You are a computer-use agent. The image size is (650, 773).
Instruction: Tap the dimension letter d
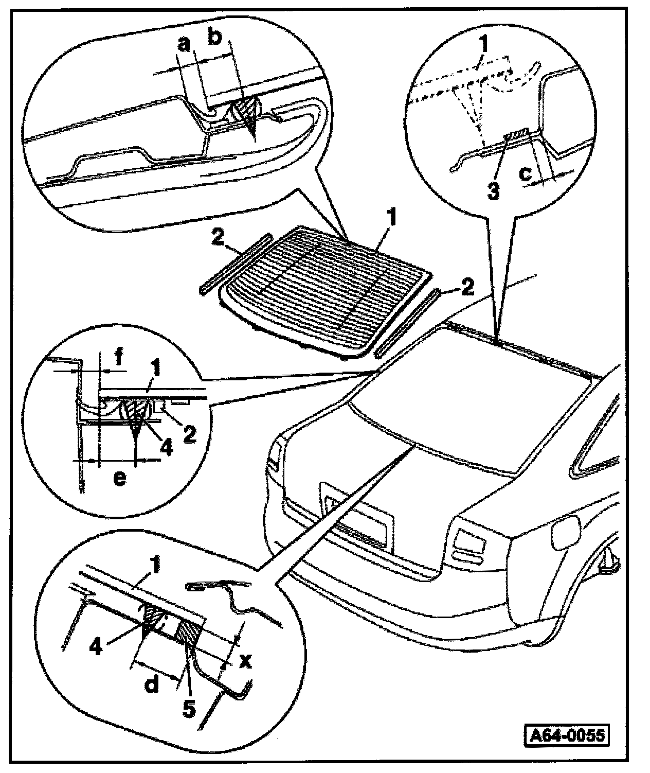(152, 685)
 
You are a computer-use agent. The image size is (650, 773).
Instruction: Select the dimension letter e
(119, 478)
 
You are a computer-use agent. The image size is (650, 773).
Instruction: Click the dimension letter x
(246, 661)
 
